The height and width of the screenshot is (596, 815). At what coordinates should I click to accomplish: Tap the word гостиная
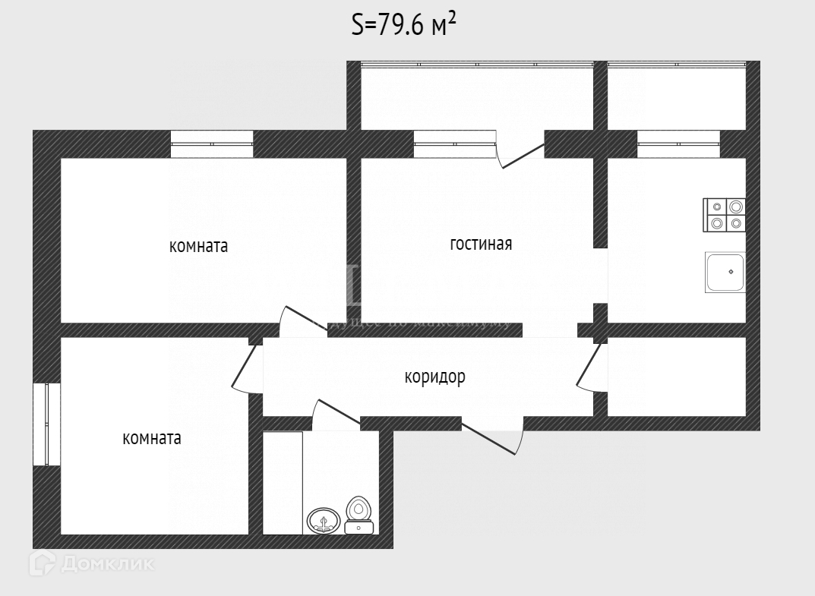481,244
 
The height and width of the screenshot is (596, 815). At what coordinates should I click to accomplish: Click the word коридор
434,377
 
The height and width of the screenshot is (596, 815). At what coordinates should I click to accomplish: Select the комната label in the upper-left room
198,247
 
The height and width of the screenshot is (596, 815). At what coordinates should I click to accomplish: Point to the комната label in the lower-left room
152,438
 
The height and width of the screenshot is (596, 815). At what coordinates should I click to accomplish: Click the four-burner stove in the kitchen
725,214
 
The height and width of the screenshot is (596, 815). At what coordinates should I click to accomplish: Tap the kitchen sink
725,273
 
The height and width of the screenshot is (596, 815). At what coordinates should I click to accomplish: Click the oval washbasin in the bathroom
324,521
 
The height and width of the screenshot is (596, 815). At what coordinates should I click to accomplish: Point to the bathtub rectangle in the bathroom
283,483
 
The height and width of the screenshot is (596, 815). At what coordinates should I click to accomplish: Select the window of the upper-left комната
212,143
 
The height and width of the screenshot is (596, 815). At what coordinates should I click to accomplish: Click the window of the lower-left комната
46,424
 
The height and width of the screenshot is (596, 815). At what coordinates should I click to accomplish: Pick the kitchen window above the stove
678,143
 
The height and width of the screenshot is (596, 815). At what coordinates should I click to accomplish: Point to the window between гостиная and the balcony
454,143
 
